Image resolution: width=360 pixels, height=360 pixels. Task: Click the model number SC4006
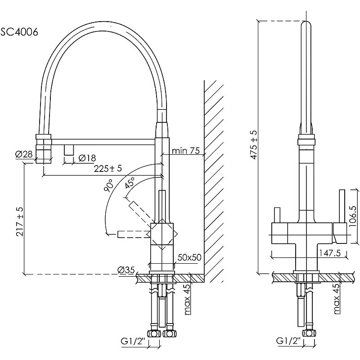click(19, 31)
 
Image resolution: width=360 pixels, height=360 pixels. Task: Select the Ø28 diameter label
click(23, 155)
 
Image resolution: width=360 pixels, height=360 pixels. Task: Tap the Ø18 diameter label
click(86, 158)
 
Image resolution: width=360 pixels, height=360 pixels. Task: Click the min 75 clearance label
click(185, 151)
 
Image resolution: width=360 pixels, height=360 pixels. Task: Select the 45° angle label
click(130, 184)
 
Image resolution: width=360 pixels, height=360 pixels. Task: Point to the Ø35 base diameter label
click(126, 270)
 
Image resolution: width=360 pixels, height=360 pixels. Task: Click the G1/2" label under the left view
click(131, 341)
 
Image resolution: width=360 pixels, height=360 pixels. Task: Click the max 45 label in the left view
click(187, 299)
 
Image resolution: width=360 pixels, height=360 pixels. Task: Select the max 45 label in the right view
click(337, 299)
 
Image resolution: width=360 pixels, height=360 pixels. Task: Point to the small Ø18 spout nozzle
click(69, 149)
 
